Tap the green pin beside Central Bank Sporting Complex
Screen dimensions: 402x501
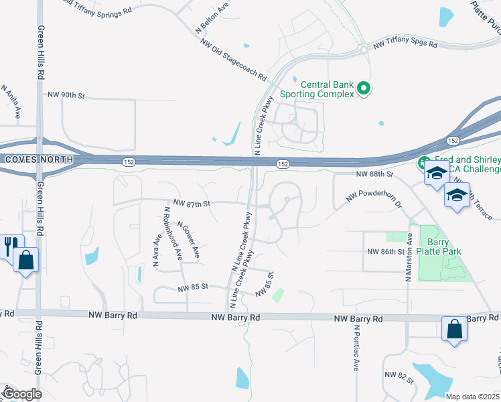364,88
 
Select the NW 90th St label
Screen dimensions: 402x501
66,96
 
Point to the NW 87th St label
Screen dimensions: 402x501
192,202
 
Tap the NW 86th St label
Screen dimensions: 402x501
386,252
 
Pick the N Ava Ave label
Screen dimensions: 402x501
157,251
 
